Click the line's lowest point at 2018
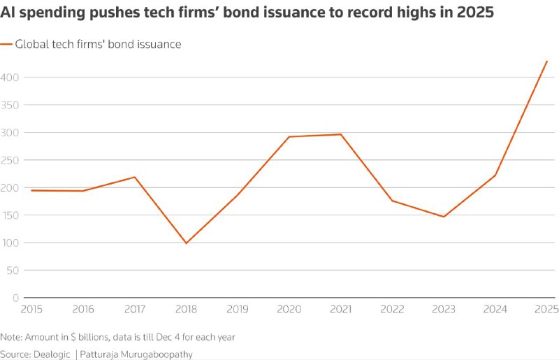pos(186,243)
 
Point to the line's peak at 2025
pos(546,62)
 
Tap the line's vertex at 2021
pos(341,134)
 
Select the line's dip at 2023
pos(444,217)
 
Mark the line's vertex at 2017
pos(135,177)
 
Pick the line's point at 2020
pos(289,136)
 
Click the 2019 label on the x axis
pos(238,309)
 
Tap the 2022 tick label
pos(392,309)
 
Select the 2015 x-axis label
pos(31,309)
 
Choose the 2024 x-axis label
pos(495,309)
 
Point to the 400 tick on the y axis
pos(10,77)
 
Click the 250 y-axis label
pos(10,160)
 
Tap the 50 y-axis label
pos(13,271)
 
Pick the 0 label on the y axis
pos(15,298)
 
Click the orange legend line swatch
pos(6,44)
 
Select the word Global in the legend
pos(32,44)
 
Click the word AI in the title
pos(7,13)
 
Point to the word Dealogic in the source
pos(52,354)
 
